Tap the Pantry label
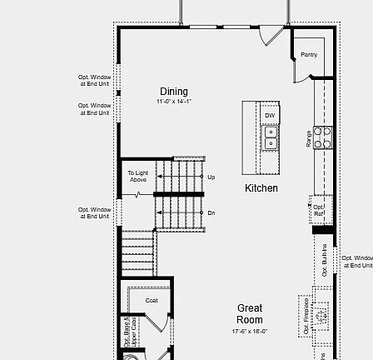pyautogui.click(x=307, y=54)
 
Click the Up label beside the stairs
pyautogui.click(x=211, y=177)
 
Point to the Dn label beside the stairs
pyautogui.click(x=211, y=212)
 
